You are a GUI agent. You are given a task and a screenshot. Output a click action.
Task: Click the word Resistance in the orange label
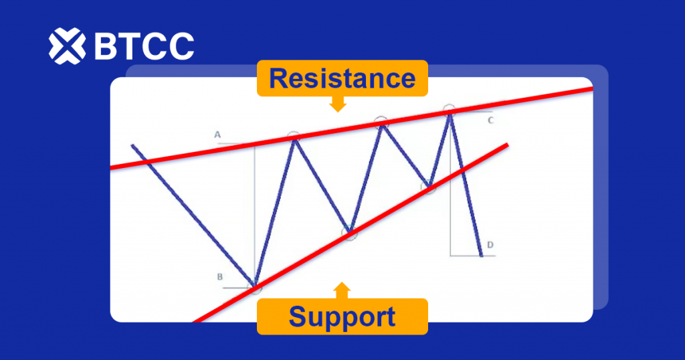[342, 78]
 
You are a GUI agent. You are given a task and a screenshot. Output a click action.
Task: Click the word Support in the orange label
[342, 317]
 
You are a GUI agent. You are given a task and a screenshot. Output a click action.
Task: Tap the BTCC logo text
[144, 46]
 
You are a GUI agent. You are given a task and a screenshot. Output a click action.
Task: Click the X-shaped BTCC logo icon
[67, 46]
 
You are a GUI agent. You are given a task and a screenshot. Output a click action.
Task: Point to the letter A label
[217, 135]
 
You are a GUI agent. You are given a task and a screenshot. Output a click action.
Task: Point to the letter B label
[219, 276]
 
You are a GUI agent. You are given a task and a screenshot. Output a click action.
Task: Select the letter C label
[490, 120]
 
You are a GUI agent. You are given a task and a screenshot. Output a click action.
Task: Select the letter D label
[490, 245]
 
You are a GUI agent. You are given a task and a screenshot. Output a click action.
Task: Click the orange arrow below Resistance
[338, 104]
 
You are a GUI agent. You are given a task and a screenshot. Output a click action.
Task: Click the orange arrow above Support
[342, 290]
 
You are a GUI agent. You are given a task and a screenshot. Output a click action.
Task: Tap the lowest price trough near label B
[254, 286]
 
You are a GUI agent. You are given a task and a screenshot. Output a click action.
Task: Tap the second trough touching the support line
[349, 232]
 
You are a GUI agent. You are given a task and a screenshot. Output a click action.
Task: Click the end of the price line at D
[482, 256]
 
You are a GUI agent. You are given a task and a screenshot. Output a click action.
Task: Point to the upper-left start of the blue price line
[132, 145]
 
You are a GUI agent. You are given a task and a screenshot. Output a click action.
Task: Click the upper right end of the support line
[508, 145]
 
